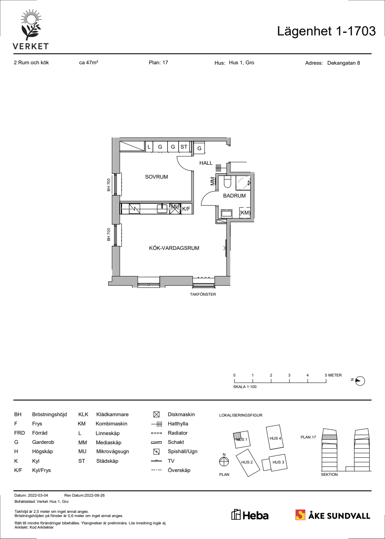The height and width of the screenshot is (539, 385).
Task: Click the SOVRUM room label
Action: click(x=156, y=177)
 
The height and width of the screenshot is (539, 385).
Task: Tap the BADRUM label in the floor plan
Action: click(x=234, y=196)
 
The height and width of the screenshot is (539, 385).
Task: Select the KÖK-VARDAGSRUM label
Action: click(x=174, y=248)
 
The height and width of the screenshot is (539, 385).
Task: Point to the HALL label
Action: click(x=206, y=163)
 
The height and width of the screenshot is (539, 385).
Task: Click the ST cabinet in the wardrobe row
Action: click(x=184, y=147)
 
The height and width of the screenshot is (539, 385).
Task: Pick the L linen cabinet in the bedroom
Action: click(x=149, y=147)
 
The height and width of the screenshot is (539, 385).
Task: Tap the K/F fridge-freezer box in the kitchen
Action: click(x=187, y=209)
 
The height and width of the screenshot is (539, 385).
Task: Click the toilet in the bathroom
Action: click(x=227, y=181)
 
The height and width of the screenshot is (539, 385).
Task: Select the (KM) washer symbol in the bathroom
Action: click(x=245, y=213)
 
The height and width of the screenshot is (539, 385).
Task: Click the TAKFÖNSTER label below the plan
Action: click(x=203, y=294)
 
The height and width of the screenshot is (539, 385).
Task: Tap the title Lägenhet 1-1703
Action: click(x=326, y=31)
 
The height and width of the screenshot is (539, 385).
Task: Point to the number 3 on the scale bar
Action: click(x=289, y=375)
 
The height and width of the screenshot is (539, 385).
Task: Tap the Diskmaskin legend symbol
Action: click(x=156, y=414)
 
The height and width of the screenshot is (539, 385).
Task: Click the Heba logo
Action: click(x=250, y=516)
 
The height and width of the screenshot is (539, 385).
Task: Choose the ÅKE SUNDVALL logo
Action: click(x=333, y=515)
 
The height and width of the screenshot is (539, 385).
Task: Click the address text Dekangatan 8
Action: click(x=343, y=63)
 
